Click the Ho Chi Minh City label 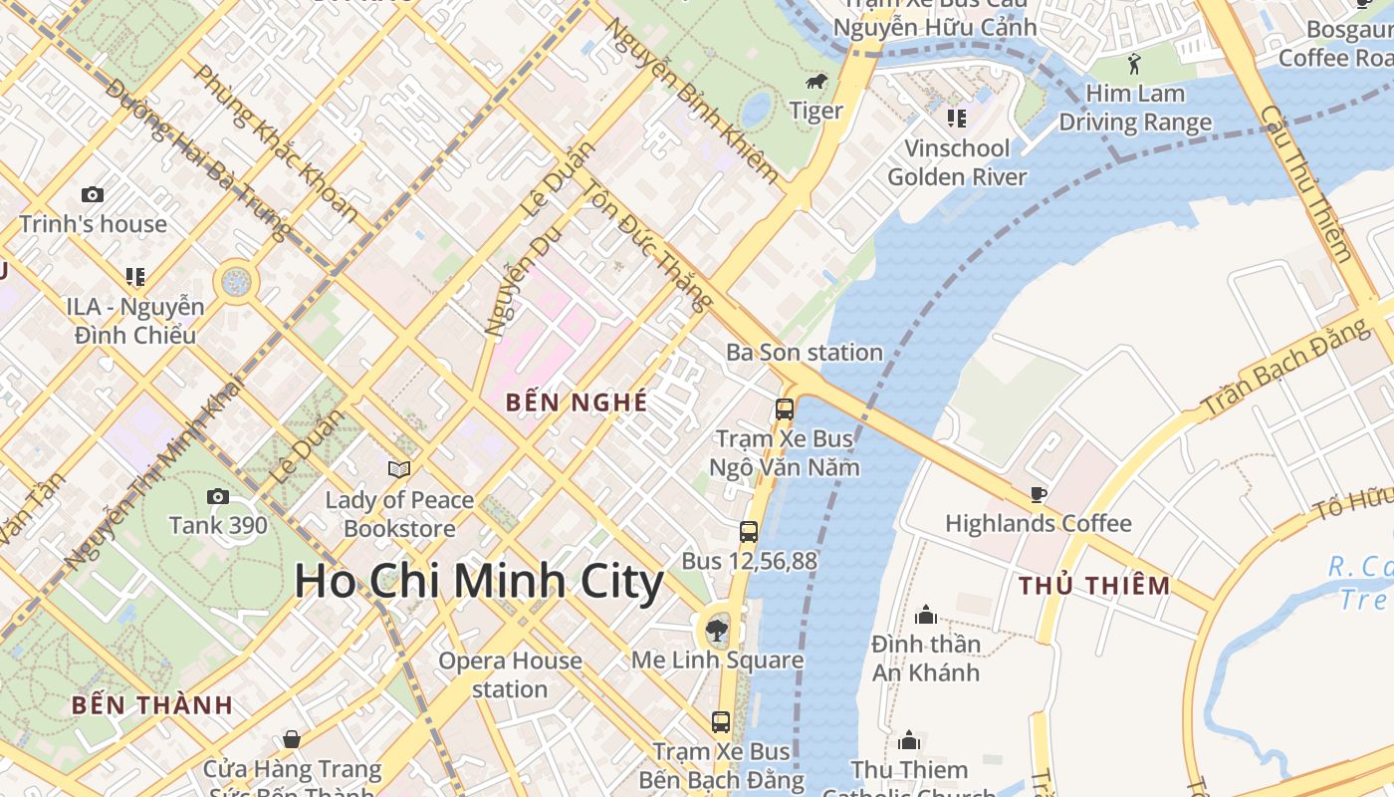(x=479, y=582)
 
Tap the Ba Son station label (x=804, y=353)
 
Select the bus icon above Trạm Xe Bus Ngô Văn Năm (x=785, y=408)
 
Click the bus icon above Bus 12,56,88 (x=749, y=532)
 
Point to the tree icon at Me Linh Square (x=716, y=629)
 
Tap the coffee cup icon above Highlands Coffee (x=1038, y=494)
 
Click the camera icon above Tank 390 (x=217, y=496)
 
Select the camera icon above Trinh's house (x=93, y=195)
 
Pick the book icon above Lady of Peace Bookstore (x=398, y=469)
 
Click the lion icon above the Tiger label (x=815, y=81)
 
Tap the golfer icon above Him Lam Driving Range (x=1134, y=65)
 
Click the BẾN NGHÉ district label (x=577, y=402)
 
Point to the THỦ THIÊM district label (x=1094, y=586)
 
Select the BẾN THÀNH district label (x=152, y=705)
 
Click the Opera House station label (x=510, y=674)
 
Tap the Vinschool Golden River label (x=956, y=162)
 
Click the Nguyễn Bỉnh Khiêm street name (x=693, y=100)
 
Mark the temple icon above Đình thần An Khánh (x=926, y=615)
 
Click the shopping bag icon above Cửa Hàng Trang (x=292, y=739)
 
